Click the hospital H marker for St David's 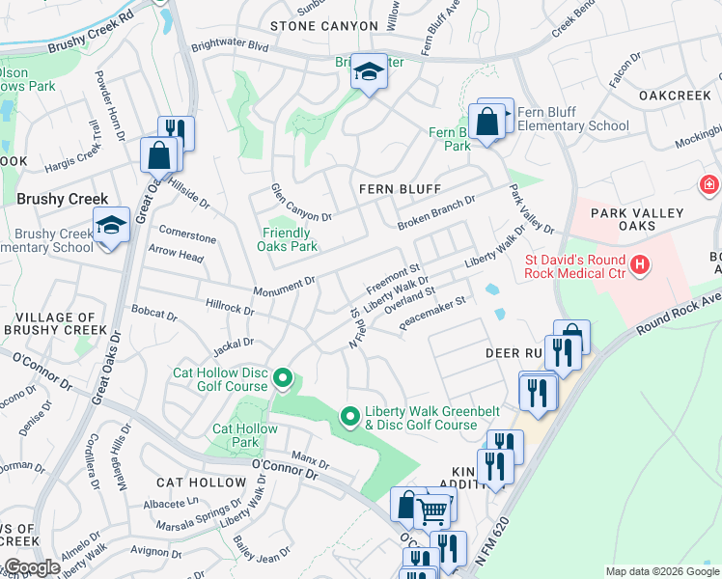[638, 263]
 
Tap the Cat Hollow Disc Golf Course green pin [283, 378]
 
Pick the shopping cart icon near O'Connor [433, 510]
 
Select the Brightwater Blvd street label [230, 45]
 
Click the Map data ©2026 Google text [661, 571]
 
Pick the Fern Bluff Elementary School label [572, 119]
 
